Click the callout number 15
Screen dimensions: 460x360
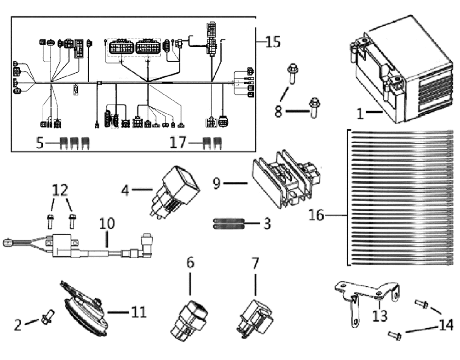[273, 42]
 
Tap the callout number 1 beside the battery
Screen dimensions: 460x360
[360, 113]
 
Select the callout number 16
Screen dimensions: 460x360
[316, 215]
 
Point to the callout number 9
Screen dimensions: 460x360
[216, 184]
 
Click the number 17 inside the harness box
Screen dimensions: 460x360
[178, 143]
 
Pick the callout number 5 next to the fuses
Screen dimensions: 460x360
[40, 143]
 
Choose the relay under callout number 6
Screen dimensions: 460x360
[190, 321]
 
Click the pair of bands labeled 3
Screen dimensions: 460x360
[228, 223]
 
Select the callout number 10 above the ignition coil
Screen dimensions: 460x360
[107, 224]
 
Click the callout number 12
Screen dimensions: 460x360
[60, 190]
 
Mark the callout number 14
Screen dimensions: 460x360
[446, 325]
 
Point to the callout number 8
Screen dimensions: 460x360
[278, 111]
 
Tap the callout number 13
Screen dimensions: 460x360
[380, 316]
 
